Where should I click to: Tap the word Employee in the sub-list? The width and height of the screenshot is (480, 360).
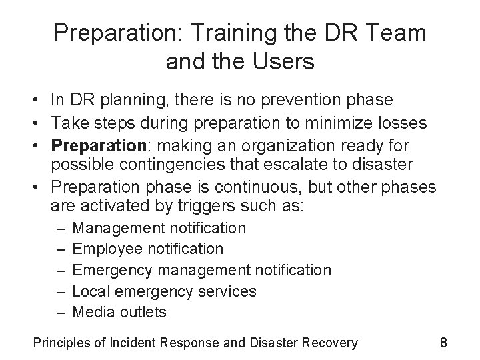[x=107, y=249]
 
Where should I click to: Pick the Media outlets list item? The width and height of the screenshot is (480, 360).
[x=119, y=312]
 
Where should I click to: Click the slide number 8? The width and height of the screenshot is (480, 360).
[x=443, y=343]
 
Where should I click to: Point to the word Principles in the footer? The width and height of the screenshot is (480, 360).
[x=62, y=343]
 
